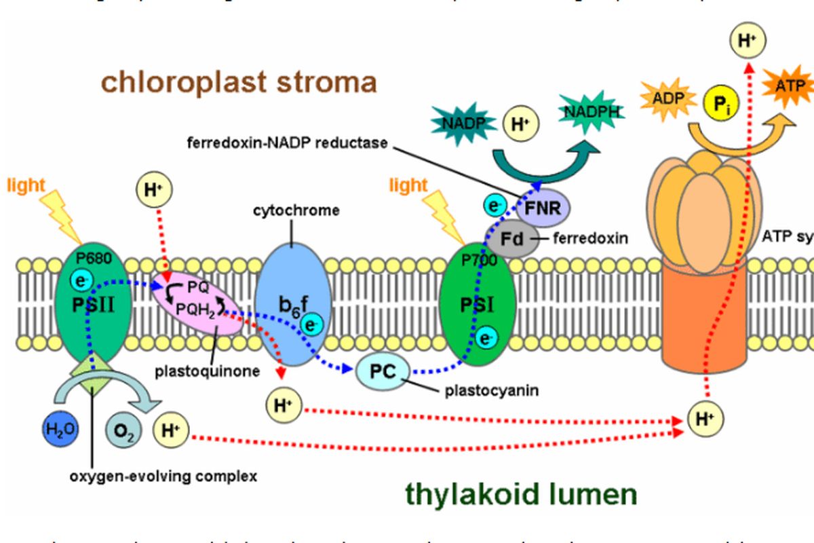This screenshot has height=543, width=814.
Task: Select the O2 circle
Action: tap(123, 430)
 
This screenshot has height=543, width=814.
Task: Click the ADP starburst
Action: tap(668, 97)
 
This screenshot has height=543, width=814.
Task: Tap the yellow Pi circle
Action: tap(720, 104)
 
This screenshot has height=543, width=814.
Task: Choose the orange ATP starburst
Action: tap(790, 86)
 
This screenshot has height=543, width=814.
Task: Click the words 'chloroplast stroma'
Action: tap(239, 82)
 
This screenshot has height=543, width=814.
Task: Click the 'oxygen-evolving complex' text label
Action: tap(163, 476)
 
